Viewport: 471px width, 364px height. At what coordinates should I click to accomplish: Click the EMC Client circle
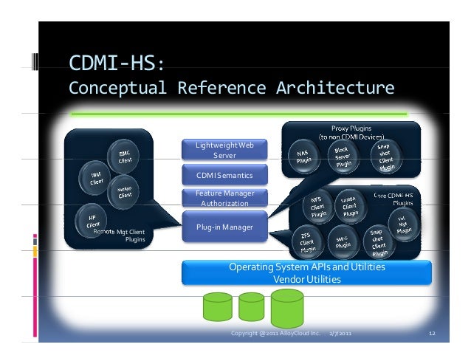[x=125, y=157]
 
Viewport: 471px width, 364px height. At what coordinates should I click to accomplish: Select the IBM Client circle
[x=97, y=177]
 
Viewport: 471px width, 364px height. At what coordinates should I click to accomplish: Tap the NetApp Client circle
[x=126, y=192]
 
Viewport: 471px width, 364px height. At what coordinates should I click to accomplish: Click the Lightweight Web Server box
[x=224, y=150]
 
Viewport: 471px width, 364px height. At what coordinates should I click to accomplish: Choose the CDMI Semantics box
[x=224, y=176]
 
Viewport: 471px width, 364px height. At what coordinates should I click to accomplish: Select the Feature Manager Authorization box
[x=224, y=198]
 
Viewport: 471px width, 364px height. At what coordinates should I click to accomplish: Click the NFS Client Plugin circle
[x=316, y=204]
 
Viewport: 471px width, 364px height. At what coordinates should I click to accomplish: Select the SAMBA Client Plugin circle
[x=351, y=205]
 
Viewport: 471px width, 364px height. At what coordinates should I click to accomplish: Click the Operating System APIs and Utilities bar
[x=306, y=272]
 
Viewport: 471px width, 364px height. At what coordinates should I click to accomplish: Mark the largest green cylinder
[x=287, y=308]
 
